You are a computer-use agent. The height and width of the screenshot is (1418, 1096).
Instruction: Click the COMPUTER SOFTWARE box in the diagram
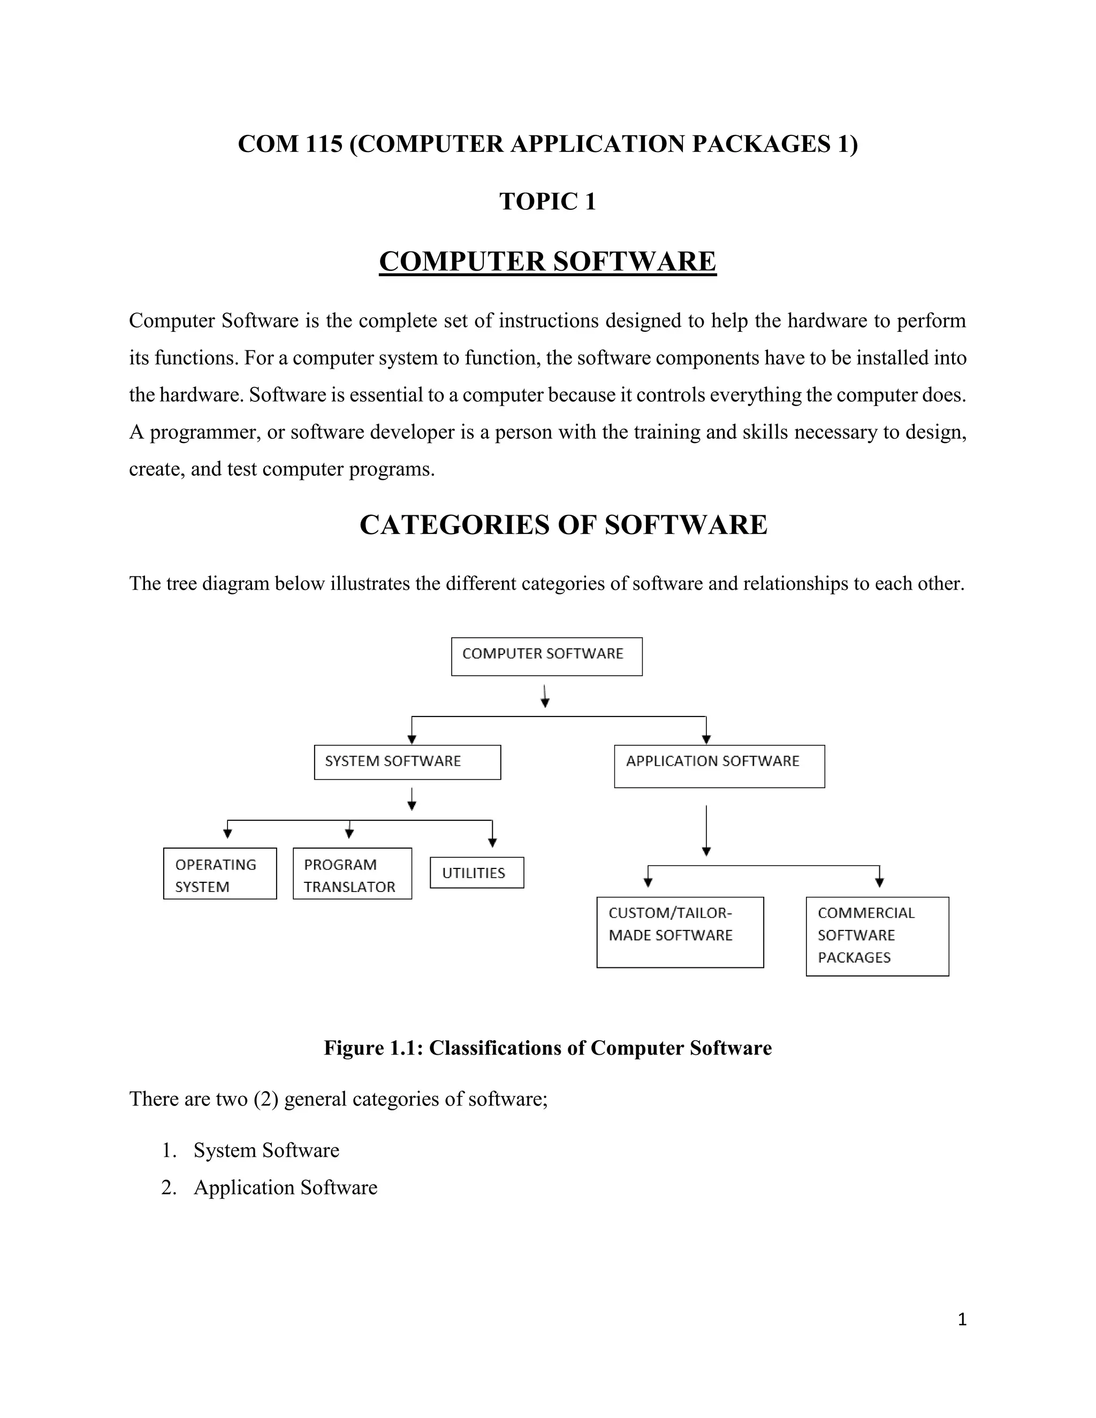547,657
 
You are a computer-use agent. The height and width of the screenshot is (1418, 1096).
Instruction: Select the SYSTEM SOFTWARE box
407,762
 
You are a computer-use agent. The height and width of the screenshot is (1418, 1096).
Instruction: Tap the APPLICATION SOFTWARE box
719,766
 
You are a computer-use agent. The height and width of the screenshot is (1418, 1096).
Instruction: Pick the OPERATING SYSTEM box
219,874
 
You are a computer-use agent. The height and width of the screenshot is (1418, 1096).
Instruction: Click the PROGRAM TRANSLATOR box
352,874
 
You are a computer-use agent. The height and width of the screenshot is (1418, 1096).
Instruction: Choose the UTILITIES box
477,873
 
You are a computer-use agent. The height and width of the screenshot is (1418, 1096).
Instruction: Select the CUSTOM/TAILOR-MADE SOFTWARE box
680,932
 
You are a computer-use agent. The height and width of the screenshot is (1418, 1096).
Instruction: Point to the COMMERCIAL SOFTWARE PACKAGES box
877,936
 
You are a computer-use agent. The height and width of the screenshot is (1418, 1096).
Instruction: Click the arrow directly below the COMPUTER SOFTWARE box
545,696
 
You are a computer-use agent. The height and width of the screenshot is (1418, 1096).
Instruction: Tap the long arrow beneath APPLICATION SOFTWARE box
706,831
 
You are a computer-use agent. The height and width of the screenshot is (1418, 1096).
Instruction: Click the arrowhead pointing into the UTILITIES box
492,843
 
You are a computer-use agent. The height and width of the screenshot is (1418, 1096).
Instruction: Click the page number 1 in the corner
962,1320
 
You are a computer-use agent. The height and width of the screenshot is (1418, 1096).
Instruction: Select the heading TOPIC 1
547,202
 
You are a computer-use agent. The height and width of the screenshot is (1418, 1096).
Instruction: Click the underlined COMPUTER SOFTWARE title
547,262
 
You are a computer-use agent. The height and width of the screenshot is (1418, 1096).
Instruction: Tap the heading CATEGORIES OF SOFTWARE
563,524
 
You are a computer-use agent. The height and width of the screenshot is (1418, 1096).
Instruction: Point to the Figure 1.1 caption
547,1048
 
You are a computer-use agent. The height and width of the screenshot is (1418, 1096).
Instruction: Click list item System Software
266,1150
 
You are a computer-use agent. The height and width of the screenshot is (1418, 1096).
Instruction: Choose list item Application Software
285,1187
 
